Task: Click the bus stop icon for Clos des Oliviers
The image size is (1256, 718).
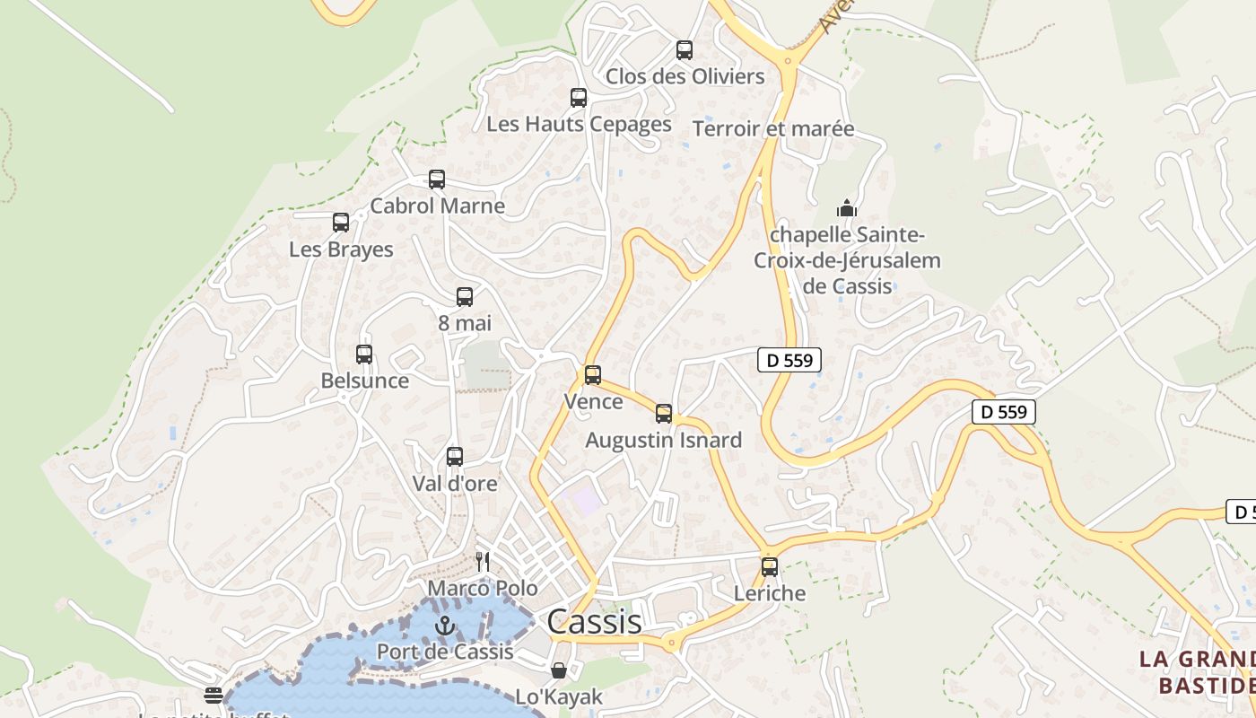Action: (x=685, y=50)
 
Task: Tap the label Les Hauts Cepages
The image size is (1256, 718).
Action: (x=579, y=124)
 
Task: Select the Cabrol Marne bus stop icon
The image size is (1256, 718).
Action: (x=437, y=179)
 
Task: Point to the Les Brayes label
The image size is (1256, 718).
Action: (x=341, y=250)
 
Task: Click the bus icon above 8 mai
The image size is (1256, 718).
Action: (x=465, y=297)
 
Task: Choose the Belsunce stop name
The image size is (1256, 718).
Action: (x=364, y=381)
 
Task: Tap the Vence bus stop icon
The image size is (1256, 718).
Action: (x=593, y=375)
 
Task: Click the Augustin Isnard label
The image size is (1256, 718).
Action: (x=663, y=440)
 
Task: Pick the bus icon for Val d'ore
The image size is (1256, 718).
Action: (x=455, y=457)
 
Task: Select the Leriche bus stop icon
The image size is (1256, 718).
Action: (x=770, y=567)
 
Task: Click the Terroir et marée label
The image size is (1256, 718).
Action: (x=773, y=128)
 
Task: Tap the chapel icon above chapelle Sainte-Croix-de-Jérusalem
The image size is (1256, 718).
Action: (x=846, y=209)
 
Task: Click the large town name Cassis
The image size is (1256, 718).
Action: (x=594, y=621)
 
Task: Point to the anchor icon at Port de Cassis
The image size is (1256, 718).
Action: (x=445, y=626)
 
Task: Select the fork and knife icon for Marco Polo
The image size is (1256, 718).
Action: (x=483, y=562)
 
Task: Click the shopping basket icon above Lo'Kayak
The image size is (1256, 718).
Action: (x=559, y=670)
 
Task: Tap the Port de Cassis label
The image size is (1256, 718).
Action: (x=445, y=652)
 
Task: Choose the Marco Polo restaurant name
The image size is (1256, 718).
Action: (x=483, y=589)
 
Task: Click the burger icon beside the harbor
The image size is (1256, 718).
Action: (x=214, y=695)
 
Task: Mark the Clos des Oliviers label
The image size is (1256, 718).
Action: (x=685, y=76)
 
